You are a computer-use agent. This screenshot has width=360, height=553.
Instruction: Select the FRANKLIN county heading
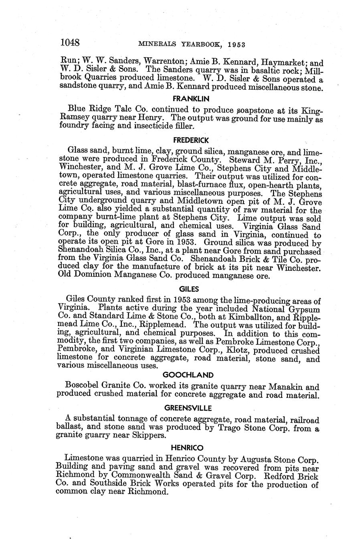pos(190,98)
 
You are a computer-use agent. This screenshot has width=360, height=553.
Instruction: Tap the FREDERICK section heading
pos(191,140)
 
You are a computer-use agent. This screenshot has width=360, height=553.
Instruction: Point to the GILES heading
pos(189,289)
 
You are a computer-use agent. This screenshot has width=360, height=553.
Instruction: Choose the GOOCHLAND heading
pos(188,375)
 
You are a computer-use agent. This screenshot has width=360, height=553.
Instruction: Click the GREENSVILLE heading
pos(188,408)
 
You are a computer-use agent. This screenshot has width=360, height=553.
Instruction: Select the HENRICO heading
pos(187,447)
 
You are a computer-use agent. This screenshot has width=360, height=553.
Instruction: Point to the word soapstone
pos(257,110)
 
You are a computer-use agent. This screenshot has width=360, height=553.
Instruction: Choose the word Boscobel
pos(83,387)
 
